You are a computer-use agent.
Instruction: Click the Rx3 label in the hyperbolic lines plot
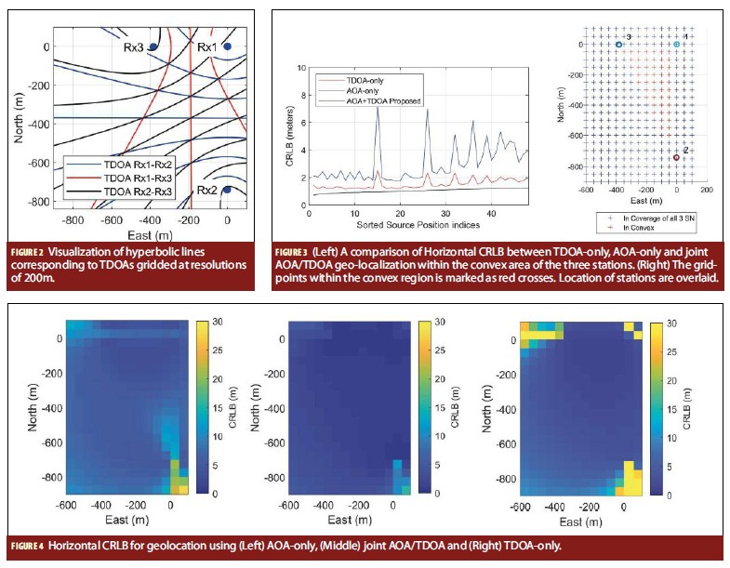137,45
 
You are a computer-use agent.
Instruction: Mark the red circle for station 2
677,157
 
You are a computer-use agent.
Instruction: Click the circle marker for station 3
618,44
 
